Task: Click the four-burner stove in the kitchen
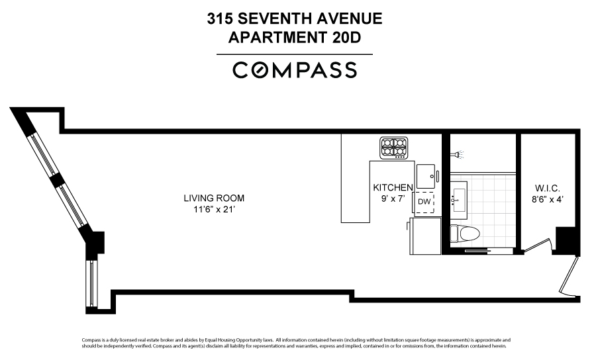pos(393,148)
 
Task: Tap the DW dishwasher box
pos(424,202)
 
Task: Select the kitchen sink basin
pos(424,176)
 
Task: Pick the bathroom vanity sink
pos(459,198)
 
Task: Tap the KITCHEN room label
pos(393,187)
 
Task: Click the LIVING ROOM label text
pos(214,198)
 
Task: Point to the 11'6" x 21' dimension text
pos(214,210)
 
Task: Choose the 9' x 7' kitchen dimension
pos(393,198)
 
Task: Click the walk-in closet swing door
pos(537,246)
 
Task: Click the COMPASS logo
pos(295,70)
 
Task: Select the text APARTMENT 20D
pos(295,38)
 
